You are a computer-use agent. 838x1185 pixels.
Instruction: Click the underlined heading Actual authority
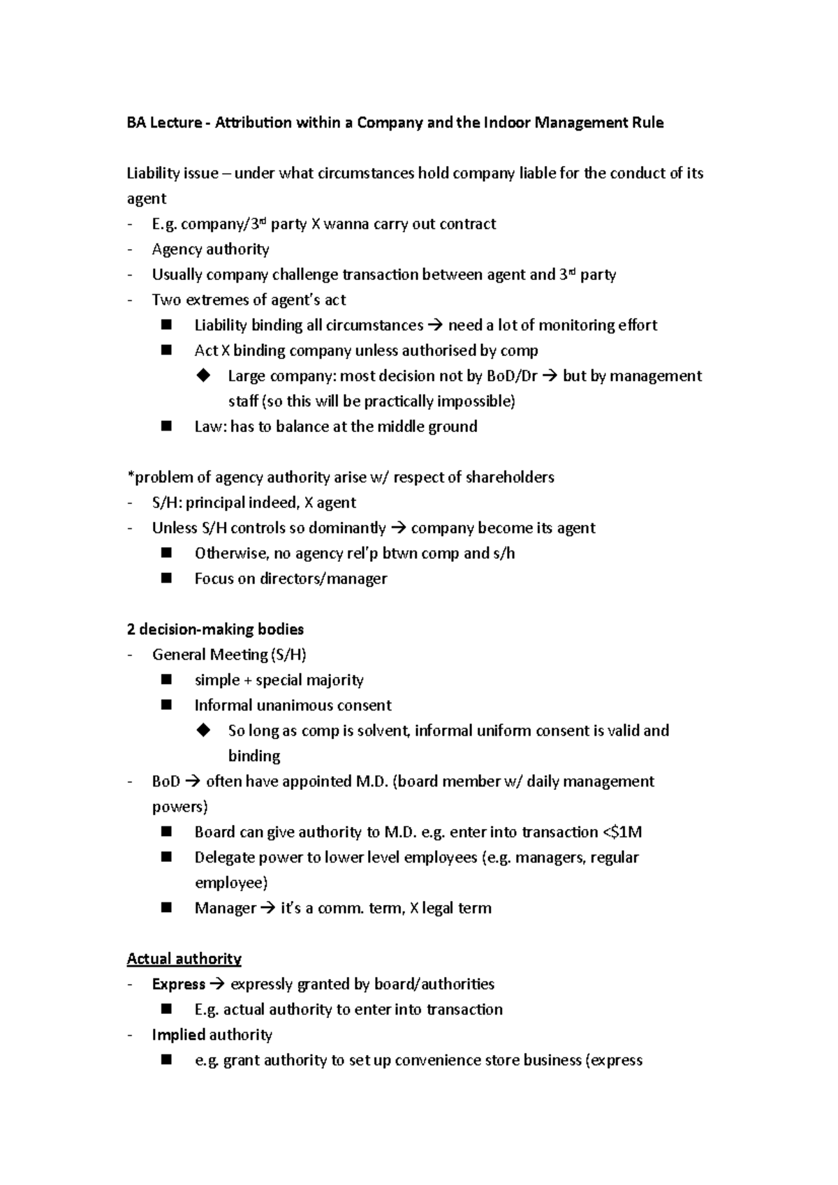[184, 959]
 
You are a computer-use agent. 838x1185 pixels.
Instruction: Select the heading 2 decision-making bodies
[215, 629]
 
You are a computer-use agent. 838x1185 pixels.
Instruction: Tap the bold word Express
[178, 984]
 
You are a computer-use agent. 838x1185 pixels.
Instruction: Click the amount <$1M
[622, 832]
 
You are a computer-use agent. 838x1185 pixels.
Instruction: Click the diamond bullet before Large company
[204, 375]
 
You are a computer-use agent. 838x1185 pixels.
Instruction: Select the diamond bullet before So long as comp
[204, 730]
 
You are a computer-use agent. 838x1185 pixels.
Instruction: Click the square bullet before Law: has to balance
[166, 426]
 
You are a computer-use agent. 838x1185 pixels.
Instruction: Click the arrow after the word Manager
[268, 909]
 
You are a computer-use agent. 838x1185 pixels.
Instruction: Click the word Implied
[178, 1035]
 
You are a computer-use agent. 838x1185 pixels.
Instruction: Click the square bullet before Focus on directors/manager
[166, 578]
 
